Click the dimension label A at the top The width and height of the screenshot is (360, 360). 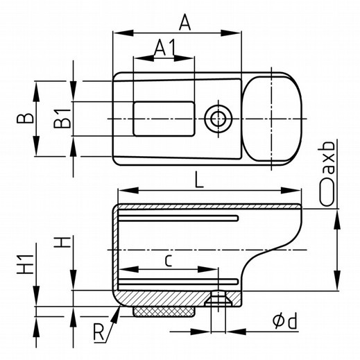[x=185, y=22]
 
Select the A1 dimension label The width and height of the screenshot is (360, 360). [x=164, y=48]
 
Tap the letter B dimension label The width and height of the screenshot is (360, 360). [x=26, y=118]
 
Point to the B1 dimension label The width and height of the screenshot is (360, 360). [x=62, y=119]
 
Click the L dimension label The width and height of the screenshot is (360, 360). [x=199, y=180]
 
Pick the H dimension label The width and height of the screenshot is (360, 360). [x=62, y=242]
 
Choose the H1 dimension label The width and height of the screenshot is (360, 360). [x=26, y=264]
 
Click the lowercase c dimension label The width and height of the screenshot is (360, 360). [x=169, y=261]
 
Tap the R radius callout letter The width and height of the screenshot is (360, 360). [x=98, y=332]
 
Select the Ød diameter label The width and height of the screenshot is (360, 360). [x=284, y=320]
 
